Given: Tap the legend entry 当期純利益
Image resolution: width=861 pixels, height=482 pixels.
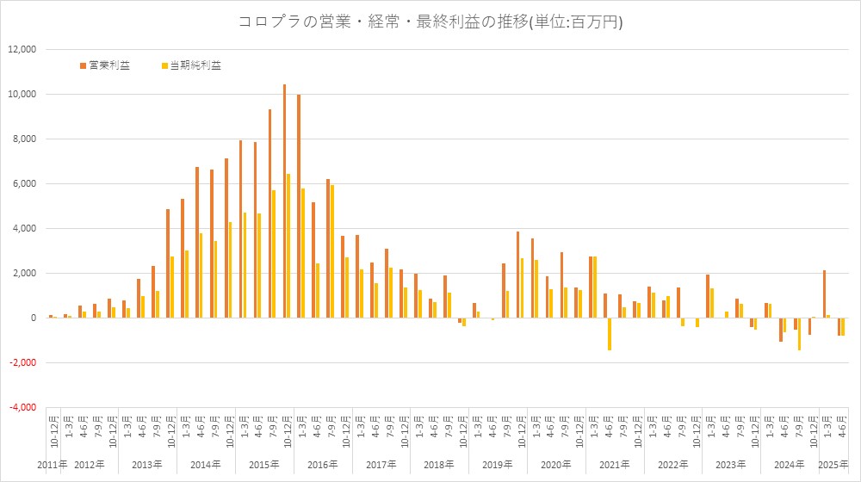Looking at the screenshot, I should [193, 65].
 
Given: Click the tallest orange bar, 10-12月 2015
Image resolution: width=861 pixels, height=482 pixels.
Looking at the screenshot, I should [284, 201].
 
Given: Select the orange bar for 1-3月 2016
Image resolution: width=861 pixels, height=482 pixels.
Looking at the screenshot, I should [299, 207].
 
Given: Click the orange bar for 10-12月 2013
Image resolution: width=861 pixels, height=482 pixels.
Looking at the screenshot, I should [168, 263].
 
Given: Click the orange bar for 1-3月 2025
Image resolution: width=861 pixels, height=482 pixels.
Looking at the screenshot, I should [824, 294].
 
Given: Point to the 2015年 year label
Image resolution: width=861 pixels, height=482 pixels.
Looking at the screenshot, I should [263, 465].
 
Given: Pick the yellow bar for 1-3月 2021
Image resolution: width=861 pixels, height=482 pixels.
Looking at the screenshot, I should [595, 287].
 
